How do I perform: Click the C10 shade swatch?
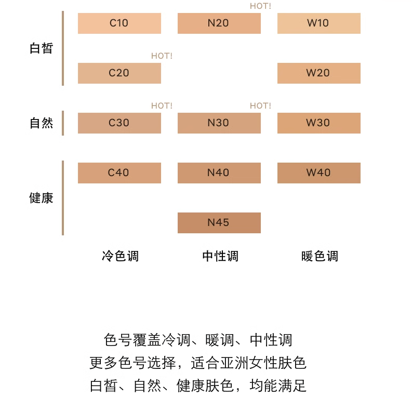tap(119, 23)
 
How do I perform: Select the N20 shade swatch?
tap(219, 23)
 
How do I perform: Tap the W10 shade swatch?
tap(318, 23)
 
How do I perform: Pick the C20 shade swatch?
tap(119, 73)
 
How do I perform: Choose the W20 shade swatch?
tap(318, 73)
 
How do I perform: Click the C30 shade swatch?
tap(119, 123)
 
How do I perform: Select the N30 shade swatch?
tap(219, 123)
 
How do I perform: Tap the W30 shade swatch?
tap(318, 123)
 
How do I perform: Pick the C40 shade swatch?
tap(119, 173)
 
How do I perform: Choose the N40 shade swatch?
tap(219, 173)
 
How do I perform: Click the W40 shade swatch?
tap(318, 173)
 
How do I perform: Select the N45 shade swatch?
tap(219, 223)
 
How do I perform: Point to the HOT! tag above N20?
tap(260, 6)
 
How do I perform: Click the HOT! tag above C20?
tap(162, 56)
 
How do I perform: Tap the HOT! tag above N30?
tap(260, 106)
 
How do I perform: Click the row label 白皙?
tap(42, 48)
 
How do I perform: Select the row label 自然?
tap(42, 123)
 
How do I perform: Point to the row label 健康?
tap(42, 198)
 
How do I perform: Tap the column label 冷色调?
tap(120, 256)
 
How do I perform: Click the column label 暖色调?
tap(320, 256)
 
